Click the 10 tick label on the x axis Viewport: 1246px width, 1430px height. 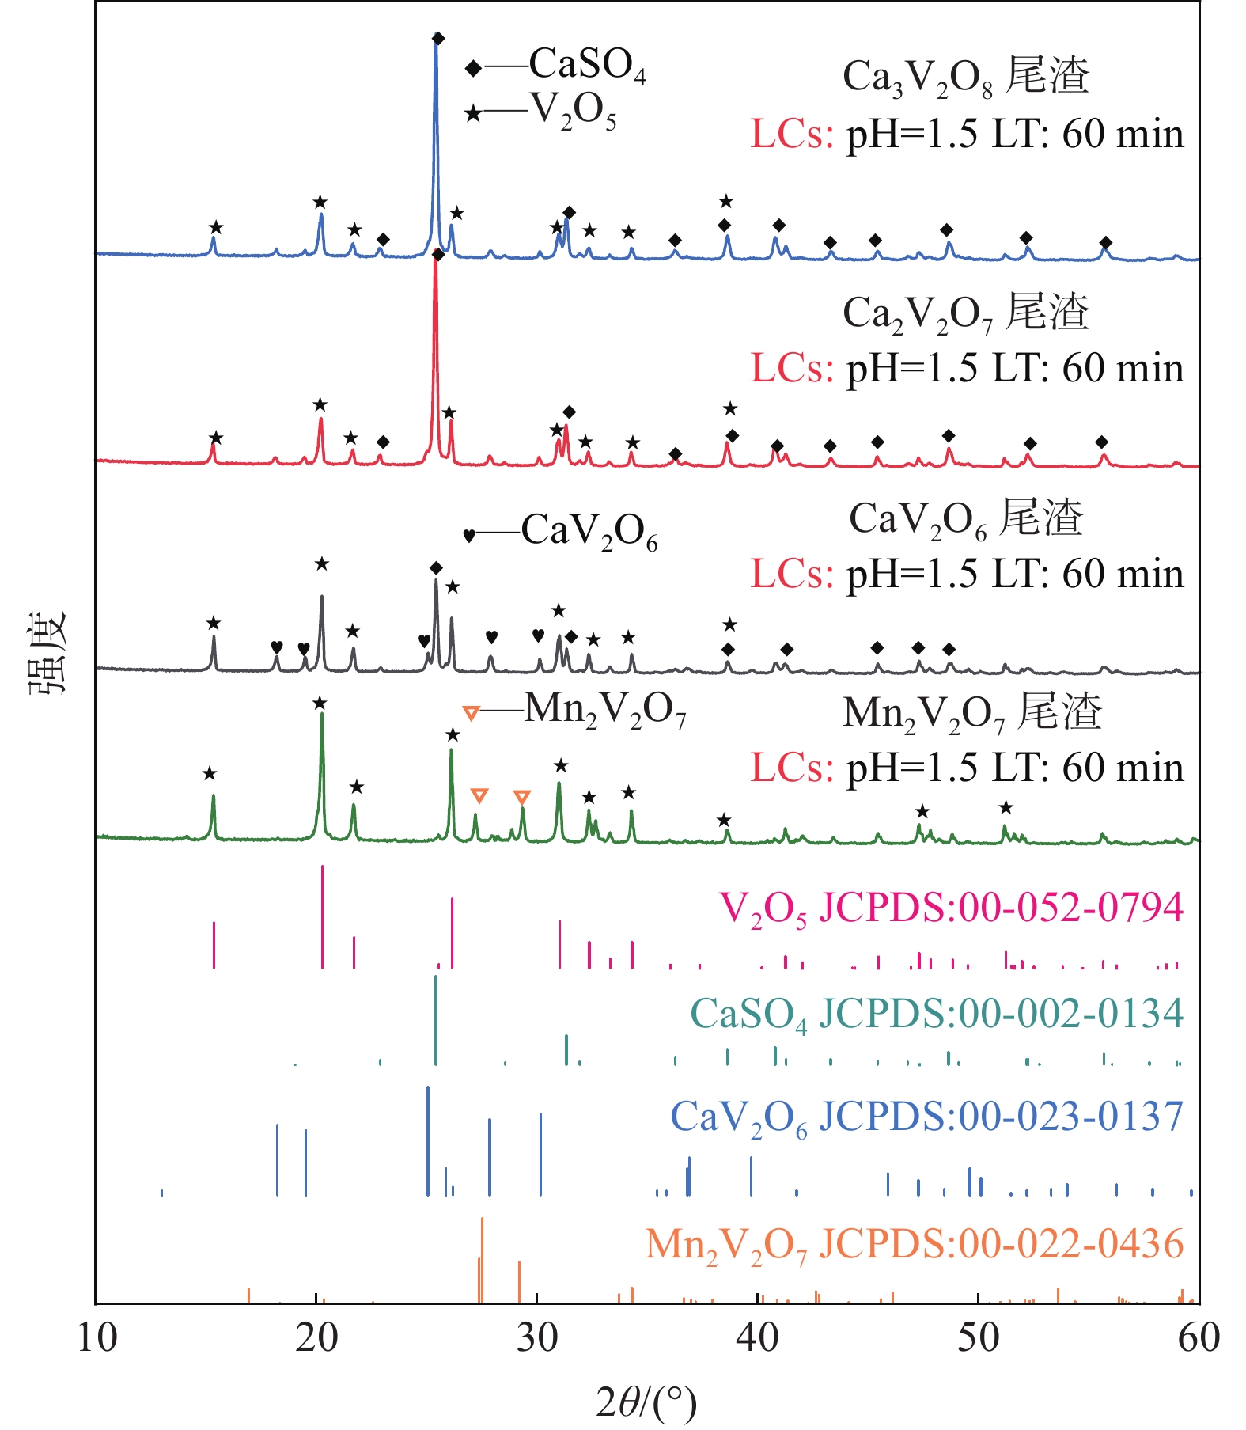[x=97, y=1338]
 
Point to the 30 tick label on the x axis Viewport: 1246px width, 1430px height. [x=538, y=1338]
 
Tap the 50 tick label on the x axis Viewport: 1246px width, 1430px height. [x=979, y=1338]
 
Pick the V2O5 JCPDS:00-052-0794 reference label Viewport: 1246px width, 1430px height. [x=951, y=908]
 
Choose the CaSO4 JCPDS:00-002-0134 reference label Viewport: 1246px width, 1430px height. [x=937, y=1014]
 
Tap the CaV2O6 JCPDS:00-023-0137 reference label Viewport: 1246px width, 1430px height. [x=926, y=1117]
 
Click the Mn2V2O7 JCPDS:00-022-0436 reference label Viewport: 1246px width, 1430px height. [x=914, y=1244]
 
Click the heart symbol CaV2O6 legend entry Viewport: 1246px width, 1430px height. [x=561, y=532]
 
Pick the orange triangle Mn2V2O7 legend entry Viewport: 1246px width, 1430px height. [x=575, y=711]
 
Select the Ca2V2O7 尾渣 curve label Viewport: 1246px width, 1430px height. [x=966, y=313]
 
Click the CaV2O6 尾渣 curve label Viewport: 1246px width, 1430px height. [x=966, y=519]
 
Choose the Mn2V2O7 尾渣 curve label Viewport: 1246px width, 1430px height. [x=972, y=712]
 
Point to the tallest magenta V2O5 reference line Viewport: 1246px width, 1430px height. [x=323, y=916]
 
